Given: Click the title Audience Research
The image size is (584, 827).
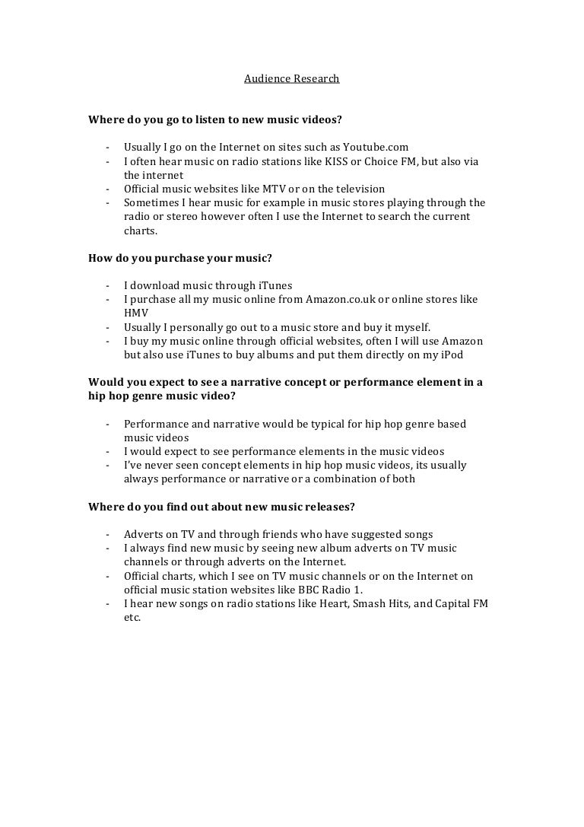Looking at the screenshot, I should (291, 78).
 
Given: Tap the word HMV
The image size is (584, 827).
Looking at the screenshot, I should (136, 313).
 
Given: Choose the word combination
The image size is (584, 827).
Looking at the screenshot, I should (357, 479).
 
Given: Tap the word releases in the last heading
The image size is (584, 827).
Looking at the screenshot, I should (323, 507).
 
